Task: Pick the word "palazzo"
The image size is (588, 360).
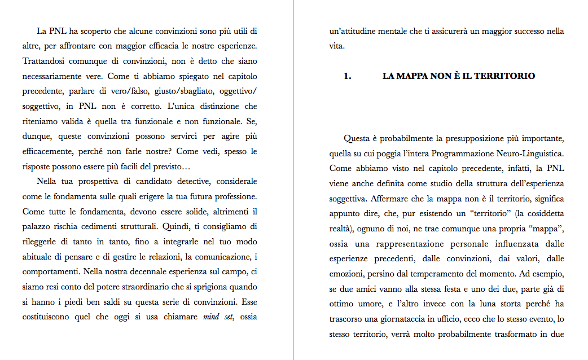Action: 38,227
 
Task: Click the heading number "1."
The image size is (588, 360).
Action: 348,76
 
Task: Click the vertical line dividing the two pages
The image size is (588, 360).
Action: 293,180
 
